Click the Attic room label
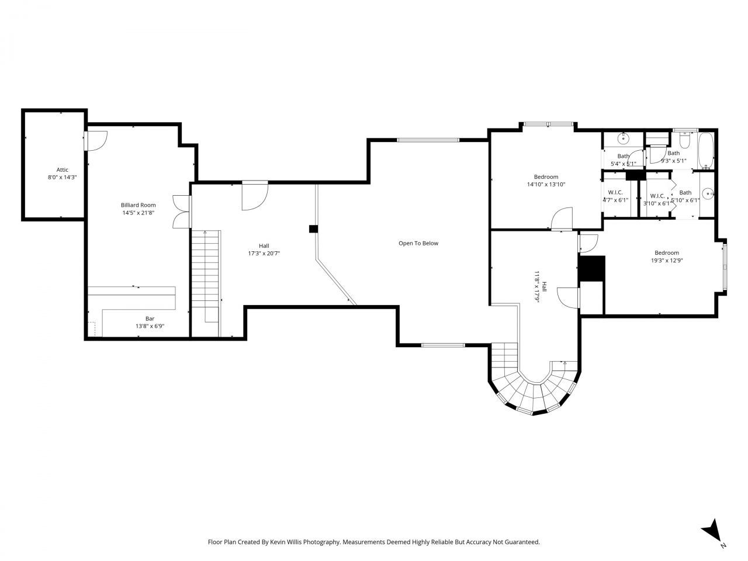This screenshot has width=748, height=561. click(x=62, y=169)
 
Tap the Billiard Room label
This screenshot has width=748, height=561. click(x=138, y=205)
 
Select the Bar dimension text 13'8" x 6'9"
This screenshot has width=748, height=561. click(x=150, y=326)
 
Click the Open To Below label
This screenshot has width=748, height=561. click(x=418, y=243)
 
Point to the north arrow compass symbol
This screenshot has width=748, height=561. click(x=712, y=530)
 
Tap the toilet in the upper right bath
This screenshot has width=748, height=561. click(x=684, y=140)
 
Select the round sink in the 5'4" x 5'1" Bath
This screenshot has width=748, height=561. click(x=624, y=138)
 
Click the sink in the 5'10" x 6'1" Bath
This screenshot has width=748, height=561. click(x=708, y=193)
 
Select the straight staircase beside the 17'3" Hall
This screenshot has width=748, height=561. click(x=206, y=275)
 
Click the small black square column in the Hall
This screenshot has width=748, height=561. click(x=313, y=228)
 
